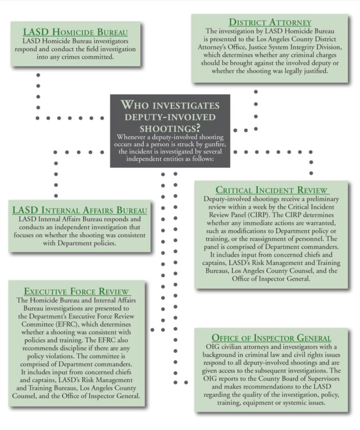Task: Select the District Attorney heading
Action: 270,22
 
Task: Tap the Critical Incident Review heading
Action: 272,190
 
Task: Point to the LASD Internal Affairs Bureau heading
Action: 80,210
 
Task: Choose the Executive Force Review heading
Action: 76,291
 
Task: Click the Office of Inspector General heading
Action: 271,338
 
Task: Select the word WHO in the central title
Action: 136,104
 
